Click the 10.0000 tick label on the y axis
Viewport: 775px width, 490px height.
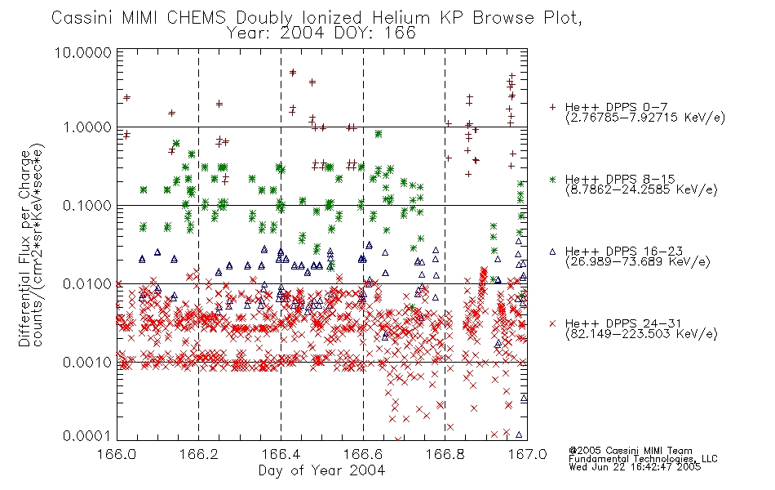(83, 52)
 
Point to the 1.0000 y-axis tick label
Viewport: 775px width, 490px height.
(87, 127)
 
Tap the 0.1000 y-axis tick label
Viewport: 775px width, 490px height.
(87, 206)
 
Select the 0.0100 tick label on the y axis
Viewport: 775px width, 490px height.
(87, 284)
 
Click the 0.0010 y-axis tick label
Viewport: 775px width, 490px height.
(87, 363)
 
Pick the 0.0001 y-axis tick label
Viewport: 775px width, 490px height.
(87, 435)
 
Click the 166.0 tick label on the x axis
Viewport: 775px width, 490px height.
(117, 454)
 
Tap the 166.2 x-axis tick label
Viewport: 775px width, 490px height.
(199, 454)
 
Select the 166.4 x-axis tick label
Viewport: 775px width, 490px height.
(281, 454)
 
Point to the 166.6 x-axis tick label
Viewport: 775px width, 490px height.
(363, 454)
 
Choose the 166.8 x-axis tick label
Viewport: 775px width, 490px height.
(445, 454)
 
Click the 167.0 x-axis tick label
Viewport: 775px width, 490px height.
(527, 454)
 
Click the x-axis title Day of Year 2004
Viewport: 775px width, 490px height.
(321, 470)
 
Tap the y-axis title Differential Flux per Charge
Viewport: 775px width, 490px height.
(24, 248)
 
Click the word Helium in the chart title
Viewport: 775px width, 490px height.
(401, 18)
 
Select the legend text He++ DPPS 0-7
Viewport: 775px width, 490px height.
(617, 108)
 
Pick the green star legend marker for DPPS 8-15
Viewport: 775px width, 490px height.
(552, 179)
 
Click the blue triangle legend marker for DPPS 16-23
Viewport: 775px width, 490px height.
(552, 252)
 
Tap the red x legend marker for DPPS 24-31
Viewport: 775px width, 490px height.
(552, 323)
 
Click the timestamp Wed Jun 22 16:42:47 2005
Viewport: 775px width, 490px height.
(635, 466)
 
